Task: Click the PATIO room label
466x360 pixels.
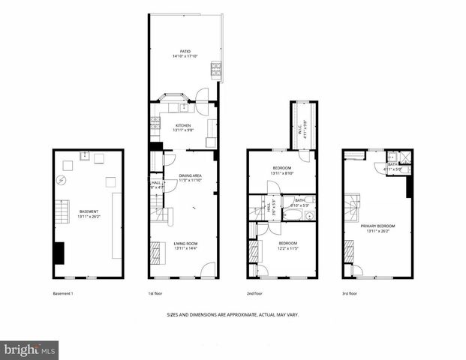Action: click(x=184, y=52)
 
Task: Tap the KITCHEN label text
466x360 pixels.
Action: click(x=183, y=125)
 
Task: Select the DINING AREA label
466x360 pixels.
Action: click(x=190, y=175)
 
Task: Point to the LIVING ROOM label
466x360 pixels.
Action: click(x=184, y=243)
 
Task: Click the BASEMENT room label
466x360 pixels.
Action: click(x=89, y=211)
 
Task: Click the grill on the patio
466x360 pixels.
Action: click(x=216, y=70)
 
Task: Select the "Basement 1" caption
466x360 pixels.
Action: click(x=63, y=292)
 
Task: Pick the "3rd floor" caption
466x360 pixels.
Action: click(x=349, y=292)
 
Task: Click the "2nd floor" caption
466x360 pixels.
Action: click(x=254, y=292)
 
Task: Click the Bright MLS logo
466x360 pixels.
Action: click(x=29, y=349)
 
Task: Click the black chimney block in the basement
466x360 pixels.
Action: click(x=59, y=253)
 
